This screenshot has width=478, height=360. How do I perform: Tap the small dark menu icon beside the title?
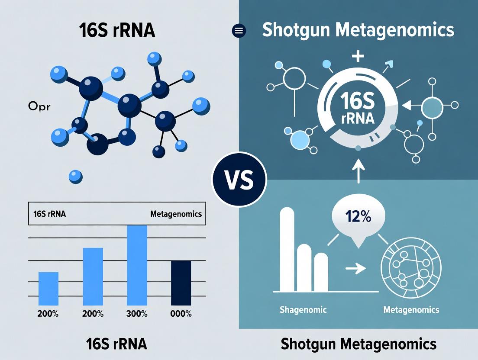(239, 31)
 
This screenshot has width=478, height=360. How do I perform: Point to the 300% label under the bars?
(137, 314)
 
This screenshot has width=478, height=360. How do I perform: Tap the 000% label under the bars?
(181, 314)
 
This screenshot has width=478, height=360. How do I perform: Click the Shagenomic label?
(303, 310)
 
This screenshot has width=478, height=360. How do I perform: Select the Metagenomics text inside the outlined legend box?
(176, 214)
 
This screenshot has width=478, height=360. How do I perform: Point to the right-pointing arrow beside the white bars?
(355, 269)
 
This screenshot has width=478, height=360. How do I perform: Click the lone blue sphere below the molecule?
(76, 176)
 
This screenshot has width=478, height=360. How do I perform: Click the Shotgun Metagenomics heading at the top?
(358, 30)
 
